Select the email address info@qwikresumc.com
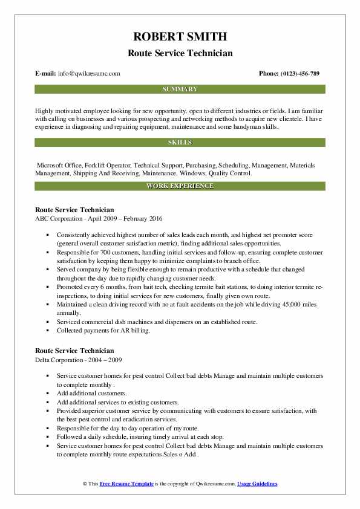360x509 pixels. click(90, 74)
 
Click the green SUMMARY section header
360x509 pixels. click(180, 89)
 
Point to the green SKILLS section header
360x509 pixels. click(180, 142)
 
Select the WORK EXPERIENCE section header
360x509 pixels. click(180, 186)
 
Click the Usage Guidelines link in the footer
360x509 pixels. click(257, 484)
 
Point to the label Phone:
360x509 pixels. click(270, 74)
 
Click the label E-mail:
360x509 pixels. click(46, 74)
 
